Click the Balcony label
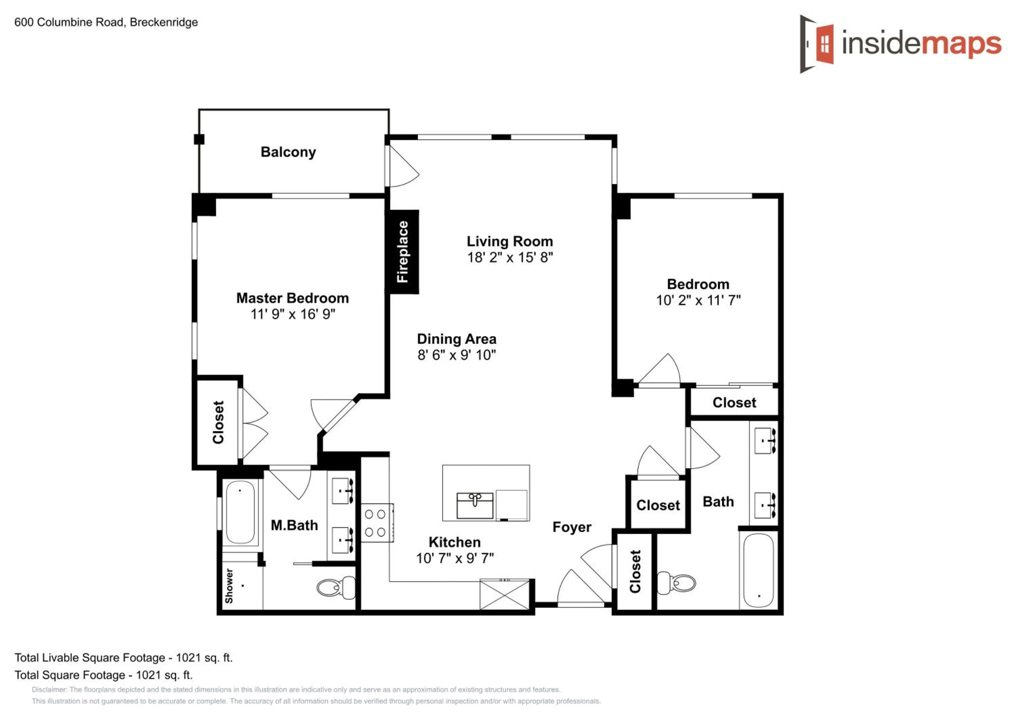coord(288,152)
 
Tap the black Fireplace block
coord(402,251)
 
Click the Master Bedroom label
coord(293,298)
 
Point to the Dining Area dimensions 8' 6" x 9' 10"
coord(457,355)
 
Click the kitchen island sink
coord(475,506)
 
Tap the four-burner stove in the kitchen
coord(377,523)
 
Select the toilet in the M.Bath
coord(336,588)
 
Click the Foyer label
coord(572,527)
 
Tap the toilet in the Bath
coord(676,583)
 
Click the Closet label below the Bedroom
coord(734,403)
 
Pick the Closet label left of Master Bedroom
coord(218,422)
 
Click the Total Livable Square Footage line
coord(124,658)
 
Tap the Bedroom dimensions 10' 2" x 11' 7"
coord(698,300)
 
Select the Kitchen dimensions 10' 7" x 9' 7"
coord(455,558)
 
